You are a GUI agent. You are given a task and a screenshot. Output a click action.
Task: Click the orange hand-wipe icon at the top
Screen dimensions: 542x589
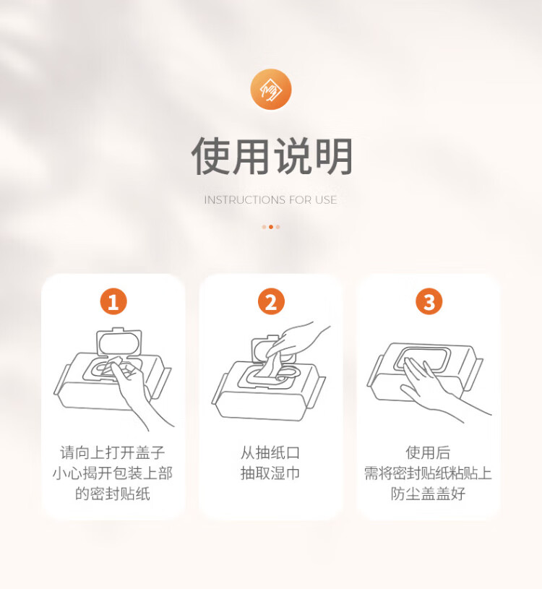click(271, 90)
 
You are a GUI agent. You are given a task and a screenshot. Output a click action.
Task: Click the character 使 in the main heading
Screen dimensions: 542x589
click(211, 156)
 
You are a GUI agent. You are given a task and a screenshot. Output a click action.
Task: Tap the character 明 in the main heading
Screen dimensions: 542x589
click(332, 156)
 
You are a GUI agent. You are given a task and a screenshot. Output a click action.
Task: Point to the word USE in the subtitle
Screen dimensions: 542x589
click(326, 200)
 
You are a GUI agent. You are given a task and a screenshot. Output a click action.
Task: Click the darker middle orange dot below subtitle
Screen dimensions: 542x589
click(271, 227)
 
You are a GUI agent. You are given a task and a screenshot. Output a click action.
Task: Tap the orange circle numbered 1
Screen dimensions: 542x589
click(113, 301)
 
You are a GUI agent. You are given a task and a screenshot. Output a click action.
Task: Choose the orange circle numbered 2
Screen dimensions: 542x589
click(271, 301)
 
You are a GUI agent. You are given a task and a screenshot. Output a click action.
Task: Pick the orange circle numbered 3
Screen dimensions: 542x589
click(429, 301)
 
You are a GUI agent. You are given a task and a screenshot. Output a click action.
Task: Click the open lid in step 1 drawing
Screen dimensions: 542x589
click(119, 341)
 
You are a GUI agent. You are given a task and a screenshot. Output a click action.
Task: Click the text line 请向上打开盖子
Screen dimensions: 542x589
click(113, 452)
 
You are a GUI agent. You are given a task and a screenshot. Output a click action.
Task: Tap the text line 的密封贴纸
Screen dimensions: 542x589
click(113, 494)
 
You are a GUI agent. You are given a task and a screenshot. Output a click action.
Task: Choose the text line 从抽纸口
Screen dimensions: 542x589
click(270, 452)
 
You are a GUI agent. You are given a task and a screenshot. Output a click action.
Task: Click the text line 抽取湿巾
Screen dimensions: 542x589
click(270, 473)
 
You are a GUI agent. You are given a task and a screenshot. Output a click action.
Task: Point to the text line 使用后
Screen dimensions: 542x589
click(429, 452)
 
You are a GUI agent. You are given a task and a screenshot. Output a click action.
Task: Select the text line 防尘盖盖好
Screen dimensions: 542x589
click(429, 494)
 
